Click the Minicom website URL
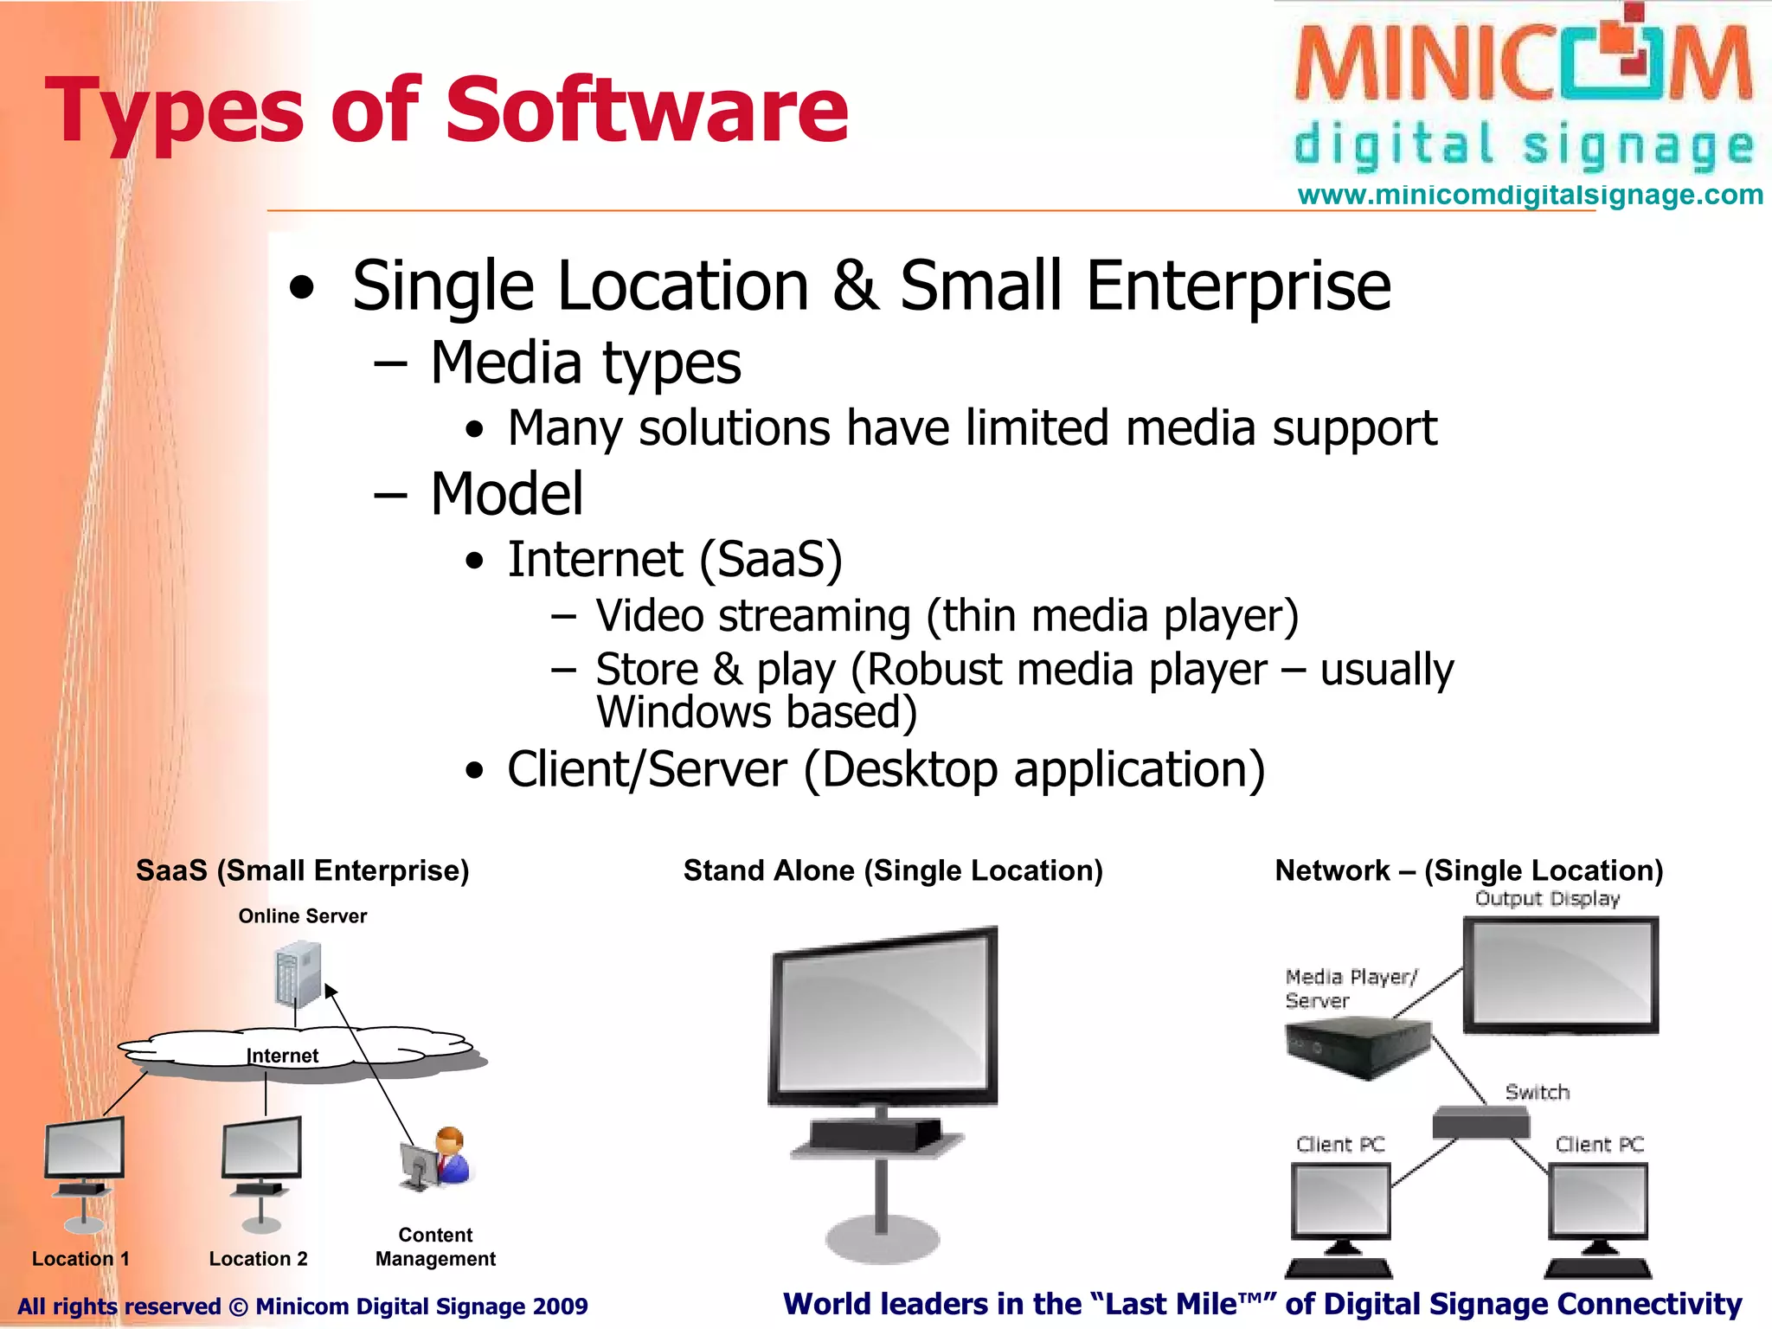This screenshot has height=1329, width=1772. [1530, 195]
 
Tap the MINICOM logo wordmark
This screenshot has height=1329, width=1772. [1523, 65]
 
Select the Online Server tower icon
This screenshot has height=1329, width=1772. [299, 974]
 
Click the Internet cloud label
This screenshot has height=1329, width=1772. [282, 1056]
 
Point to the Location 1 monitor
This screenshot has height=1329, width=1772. [85, 1149]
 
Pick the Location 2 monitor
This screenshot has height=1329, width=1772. [262, 1149]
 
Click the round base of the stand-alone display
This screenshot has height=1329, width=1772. [883, 1239]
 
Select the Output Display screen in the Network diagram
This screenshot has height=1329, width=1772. [1561, 974]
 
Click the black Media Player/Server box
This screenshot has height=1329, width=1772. [1357, 1047]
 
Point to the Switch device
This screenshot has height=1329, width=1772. [1480, 1123]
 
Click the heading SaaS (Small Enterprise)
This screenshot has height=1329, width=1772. [302, 870]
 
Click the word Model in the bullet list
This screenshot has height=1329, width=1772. [507, 494]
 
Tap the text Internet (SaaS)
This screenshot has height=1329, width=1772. [674, 560]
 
